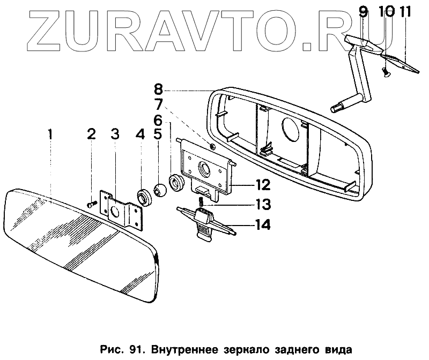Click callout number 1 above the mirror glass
[49, 134]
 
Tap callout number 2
[91, 134]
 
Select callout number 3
[115, 134]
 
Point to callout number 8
[140, 134]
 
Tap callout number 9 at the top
[364, 11]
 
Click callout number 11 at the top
[404, 11]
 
